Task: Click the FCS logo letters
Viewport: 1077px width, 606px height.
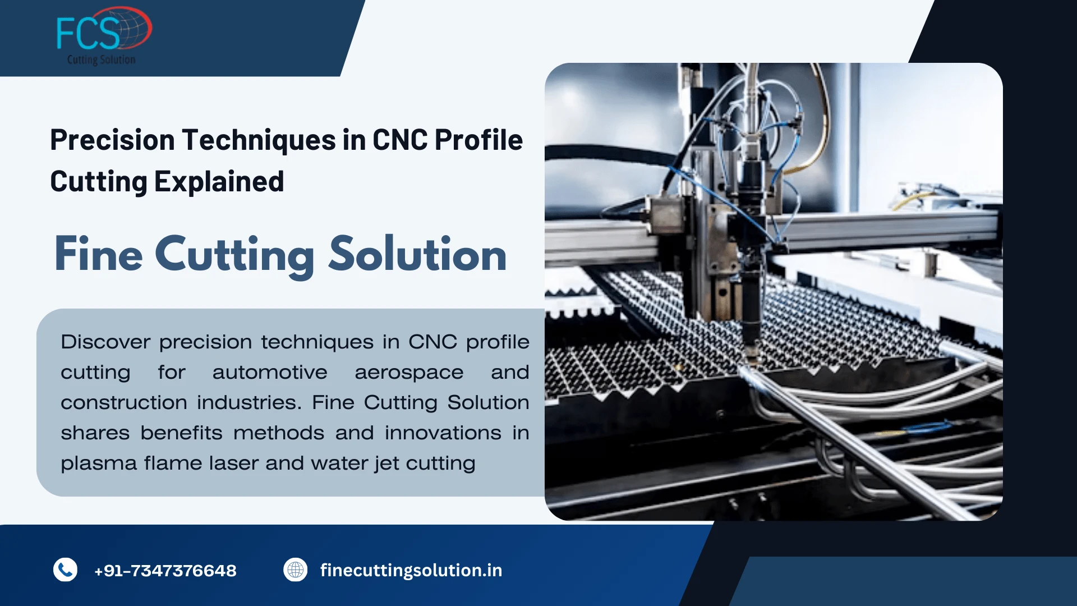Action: pyautogui.click(x=89, y=33)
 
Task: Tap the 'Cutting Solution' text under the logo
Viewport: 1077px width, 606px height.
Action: pyautogui.click(x=101, y=59)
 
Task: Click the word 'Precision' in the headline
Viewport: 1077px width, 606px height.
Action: pyautogui.click(x=112, y=140)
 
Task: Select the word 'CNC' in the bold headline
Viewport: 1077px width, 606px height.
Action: pyautogui.click(x=399, y=140)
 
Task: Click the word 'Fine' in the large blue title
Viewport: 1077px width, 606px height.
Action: pyautogui.click(x=99, y=254)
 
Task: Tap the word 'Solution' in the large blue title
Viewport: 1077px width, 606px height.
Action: pyautogui.click(x=417, y=254)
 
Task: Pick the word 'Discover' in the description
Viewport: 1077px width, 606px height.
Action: pyautogui.click(x=105, y=342)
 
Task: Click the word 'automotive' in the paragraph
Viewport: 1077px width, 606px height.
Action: pyautogui.click(x=269, y=372)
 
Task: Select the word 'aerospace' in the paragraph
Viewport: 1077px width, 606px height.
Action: pyautogui.click(x=409, y=373)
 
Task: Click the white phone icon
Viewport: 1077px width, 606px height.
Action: pyautogui.click(x=65, y=570)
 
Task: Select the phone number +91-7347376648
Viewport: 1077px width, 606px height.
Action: pyautogui.click(x=165, y=571)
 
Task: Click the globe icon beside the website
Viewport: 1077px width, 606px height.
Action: pyautogui.click(x=295, y=570)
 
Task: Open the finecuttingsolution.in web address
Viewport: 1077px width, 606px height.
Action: pyautogui.click(x=411, y=570)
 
